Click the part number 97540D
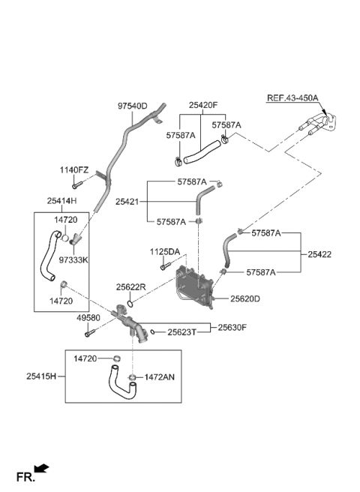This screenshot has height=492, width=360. pos(132,106)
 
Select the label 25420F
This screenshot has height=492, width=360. pos(202,106)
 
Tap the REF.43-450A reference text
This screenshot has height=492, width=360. pos(292,98)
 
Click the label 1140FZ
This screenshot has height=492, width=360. pos(74,170)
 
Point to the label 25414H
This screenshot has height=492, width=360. pos(62,201)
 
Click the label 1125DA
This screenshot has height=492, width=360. pos(163,251)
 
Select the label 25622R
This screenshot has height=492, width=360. pos(130,286)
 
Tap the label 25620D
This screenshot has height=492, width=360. pos(246,298)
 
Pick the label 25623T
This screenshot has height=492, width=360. pos(181,332)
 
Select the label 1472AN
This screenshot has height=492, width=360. pos(159,377)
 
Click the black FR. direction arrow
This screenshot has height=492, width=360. pos(42,469)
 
